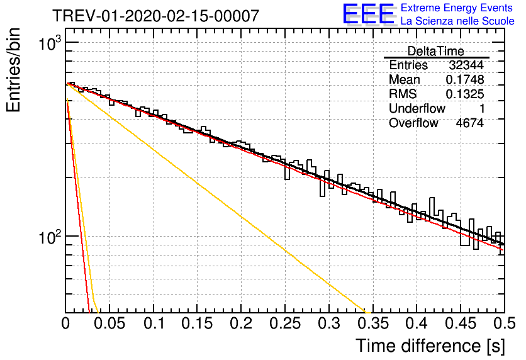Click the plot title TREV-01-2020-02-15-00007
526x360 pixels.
point(155,16)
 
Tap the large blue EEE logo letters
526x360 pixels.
point(368,14)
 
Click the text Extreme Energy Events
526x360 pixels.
point(457,8)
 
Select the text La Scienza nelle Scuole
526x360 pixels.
point(457,21)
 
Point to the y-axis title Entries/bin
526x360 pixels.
point(13,70)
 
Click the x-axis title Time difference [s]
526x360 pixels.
point(430,346)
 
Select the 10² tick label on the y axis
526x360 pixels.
point(50,237)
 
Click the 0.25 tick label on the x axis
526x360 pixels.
point(285,323)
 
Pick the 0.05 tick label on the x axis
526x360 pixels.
point(109,323)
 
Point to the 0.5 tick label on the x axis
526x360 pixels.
point(504,323)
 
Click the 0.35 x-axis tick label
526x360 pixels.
point(373,323)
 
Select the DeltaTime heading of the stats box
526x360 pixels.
point(436,51)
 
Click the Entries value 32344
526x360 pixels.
point(466,65)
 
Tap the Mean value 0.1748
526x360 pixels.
point(464,79)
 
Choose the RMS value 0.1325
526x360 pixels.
point(464,94)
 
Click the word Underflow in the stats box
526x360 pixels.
point(417,108)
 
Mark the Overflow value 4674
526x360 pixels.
point(469,123)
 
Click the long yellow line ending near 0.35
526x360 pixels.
point(217,198)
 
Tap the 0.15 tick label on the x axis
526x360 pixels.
point(198,323)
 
